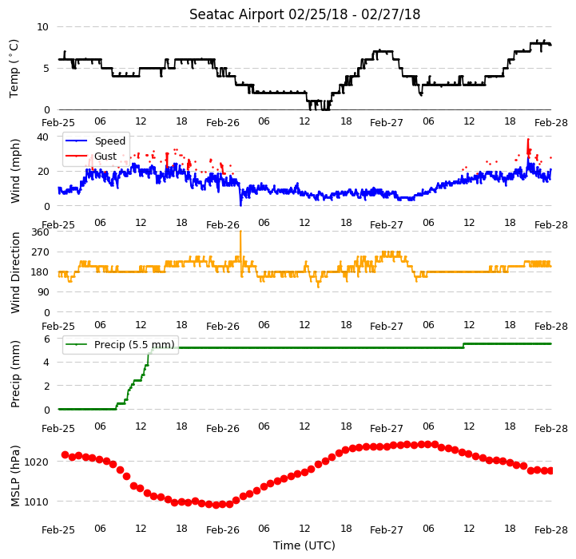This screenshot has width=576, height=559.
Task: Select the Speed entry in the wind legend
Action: click(x=109, y=141)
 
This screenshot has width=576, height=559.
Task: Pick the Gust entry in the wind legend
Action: click(x=105, y=156)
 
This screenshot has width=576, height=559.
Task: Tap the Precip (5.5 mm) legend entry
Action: click(x=134, y=344)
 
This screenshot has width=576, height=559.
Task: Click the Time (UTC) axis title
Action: click(x=304, y=545)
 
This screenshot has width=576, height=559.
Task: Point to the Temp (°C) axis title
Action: click(x=14, y=69)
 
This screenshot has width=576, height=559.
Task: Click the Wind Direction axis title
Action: click(x=15, y=272)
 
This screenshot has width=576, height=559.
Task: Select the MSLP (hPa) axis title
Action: click(x=15, y=476)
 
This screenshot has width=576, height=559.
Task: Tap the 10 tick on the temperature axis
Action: click(x=43, y=27)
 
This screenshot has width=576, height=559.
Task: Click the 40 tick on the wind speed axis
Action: click(x=43, y=137)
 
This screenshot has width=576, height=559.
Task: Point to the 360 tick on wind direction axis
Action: click(x=41, y=232)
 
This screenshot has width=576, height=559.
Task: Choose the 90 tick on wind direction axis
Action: click(x=43, y=292)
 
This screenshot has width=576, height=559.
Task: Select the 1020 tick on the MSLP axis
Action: click(x=36, y=462)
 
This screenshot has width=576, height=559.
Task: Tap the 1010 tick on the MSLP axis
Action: click(x=36, y=502)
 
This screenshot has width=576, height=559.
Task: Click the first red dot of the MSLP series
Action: click(x=65, y=455)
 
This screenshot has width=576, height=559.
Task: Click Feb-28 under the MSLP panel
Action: click(x=551, y=530)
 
